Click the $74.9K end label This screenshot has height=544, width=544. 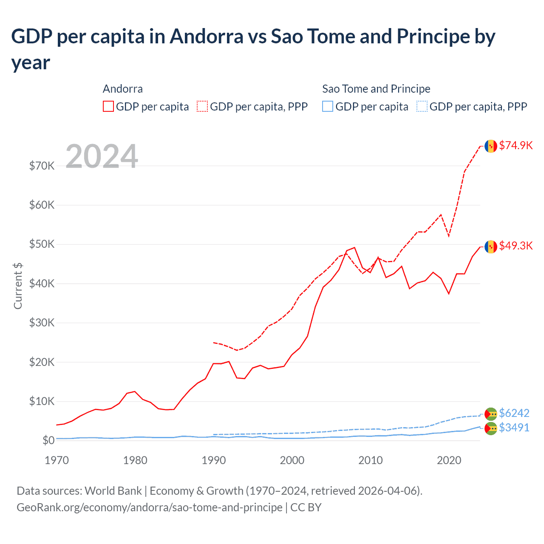coord(516,145)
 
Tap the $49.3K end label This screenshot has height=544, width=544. coord(516,246)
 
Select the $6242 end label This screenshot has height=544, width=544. coord(514,413)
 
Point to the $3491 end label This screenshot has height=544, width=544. coord(514,428)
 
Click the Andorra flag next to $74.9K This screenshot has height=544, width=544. coord(491,146)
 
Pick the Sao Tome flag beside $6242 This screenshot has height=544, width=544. coord(491,414)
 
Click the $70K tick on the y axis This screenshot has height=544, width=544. coord(42,166)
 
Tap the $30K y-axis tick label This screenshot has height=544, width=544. coord(42,323)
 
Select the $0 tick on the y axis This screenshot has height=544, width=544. coord(48,440)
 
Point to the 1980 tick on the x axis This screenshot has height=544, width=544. coord(135,460)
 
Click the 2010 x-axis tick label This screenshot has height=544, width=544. coord(371,460)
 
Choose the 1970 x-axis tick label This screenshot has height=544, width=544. coord(57,460)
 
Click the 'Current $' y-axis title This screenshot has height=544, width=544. coord(18,286)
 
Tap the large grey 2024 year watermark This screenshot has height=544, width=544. coord(102,156)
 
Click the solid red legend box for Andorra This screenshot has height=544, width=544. coord(108,106)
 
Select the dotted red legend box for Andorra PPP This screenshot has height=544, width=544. coord(202,106)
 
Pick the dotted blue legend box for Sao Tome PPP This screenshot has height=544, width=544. coord(422,106)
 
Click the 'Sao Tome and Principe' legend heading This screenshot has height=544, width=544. coord(376,89)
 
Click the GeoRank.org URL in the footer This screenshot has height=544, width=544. coord(149,507)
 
